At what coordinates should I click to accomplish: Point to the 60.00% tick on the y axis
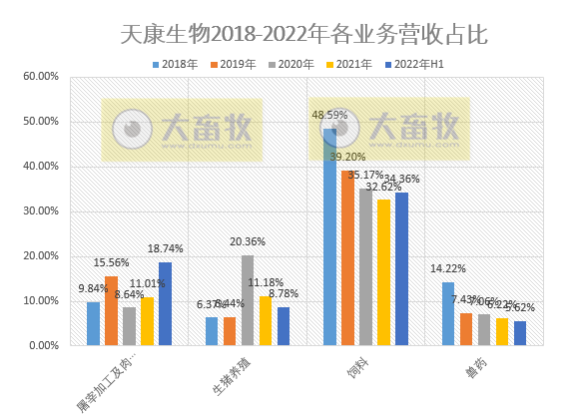tap(41, 76)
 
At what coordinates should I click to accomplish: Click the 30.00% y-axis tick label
tap(41, 210)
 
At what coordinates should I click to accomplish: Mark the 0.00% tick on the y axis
tap(44, 345)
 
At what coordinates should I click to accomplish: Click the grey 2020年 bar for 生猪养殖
tap(248, 300)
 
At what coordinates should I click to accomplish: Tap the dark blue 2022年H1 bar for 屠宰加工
tap(165, 303)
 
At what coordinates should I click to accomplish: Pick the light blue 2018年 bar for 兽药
tap(448, 313)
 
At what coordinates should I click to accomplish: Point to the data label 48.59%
tap(330, 116)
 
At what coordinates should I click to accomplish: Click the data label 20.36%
tap(249, 241)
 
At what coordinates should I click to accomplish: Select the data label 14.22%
tap(445, 268)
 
